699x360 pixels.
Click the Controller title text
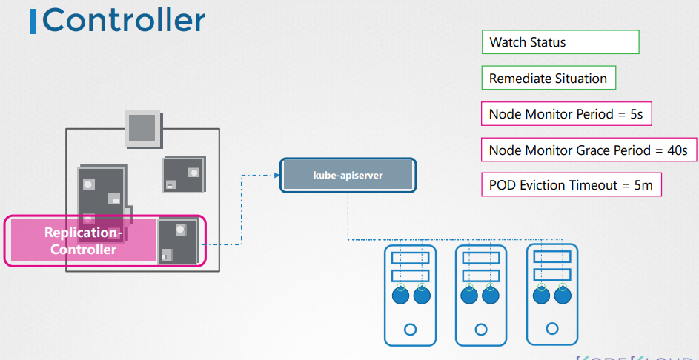[124, 20]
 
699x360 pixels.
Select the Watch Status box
[560, 42]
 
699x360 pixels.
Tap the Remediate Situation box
[548, 79]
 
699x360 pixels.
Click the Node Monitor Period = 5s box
[566, 114]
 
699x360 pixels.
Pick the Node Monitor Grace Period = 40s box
[589, 150]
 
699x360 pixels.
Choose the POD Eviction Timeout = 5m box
[571, 185]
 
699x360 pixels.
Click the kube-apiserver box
[348, 175]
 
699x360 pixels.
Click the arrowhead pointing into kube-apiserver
[276, 176]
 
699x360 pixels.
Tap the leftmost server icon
[411, 295]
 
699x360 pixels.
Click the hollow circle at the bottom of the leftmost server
[411, 329]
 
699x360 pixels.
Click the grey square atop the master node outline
[141, 127]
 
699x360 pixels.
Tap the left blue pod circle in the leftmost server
[400, 296]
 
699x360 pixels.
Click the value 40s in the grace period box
[678, 150]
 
